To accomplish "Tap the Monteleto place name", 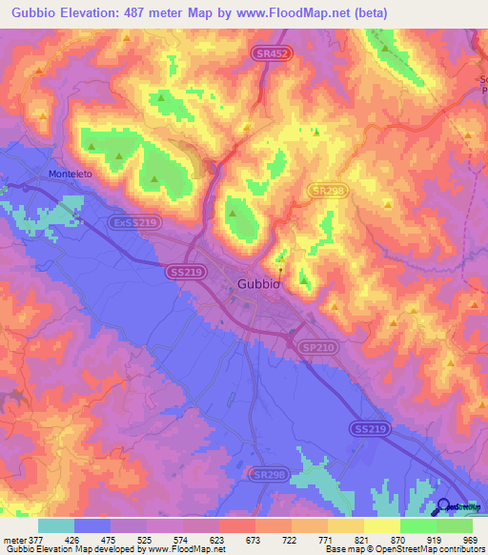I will (x=69, y=174).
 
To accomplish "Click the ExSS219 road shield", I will (x=132, y=221).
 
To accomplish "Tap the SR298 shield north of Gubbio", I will (x=327, y=191).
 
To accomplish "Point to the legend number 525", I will (x=145, y=539).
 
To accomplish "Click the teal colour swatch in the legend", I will (x=56, y=525).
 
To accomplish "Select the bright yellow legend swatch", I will (x=381, y=525).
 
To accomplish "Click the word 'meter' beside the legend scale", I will (x=14, y=539).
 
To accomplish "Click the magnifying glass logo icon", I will (x=443, y=507).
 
